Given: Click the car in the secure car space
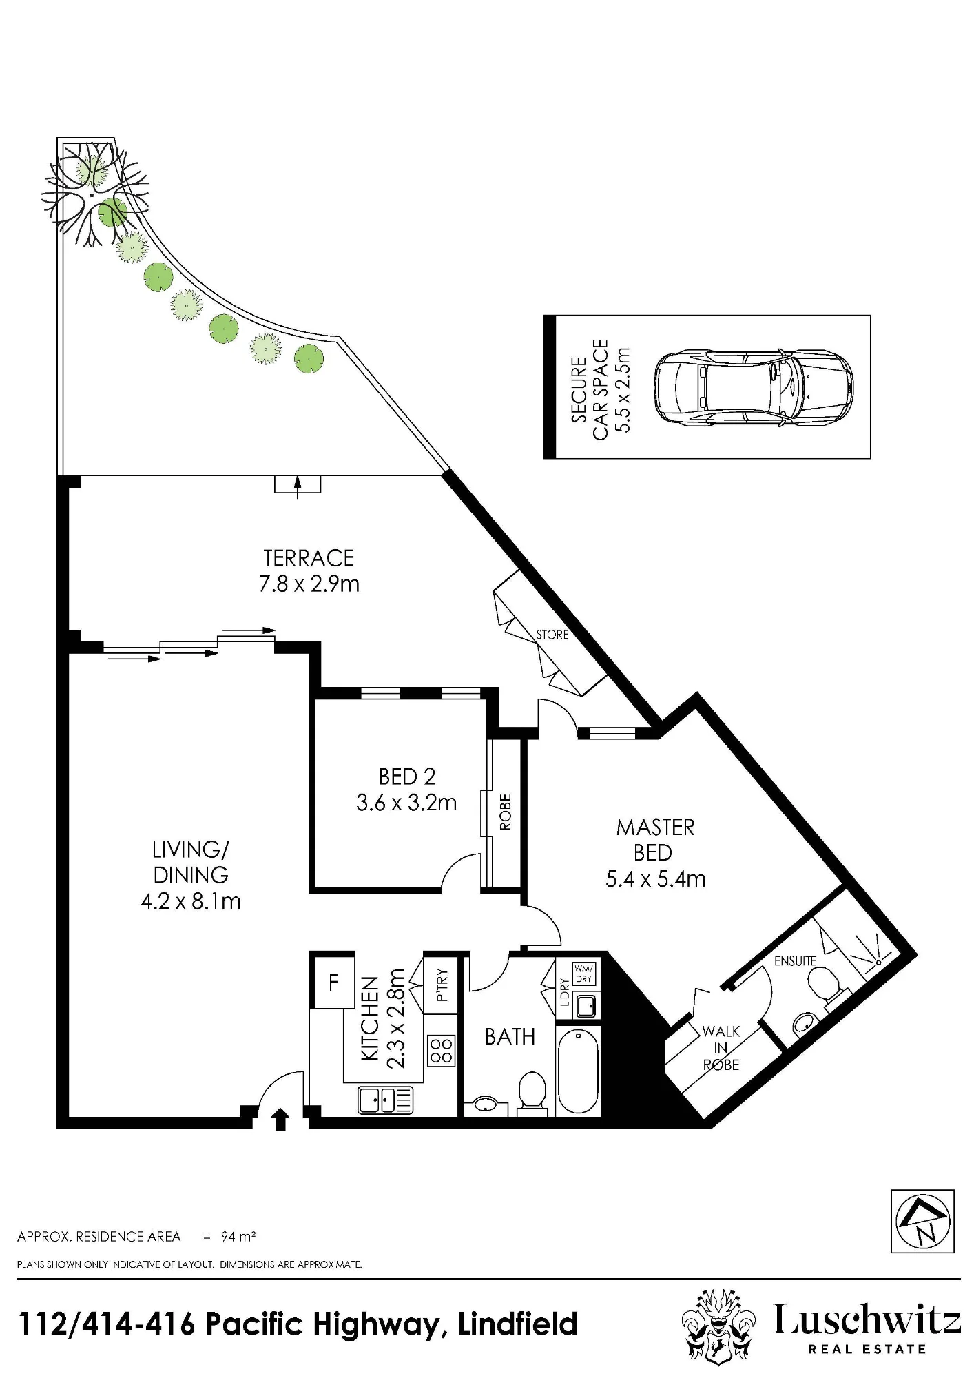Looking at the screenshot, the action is (x=753, y=387).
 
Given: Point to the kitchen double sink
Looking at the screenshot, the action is (x=385, y=1100).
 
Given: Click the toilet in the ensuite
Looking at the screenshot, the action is (x=825, y=985).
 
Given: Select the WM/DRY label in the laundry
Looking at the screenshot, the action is (x=583, y=974).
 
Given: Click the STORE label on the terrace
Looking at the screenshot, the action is (x=552, y=635).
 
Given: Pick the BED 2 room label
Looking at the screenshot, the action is (x=407, y=777).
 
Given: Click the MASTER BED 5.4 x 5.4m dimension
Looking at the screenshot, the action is (x=656, y=879).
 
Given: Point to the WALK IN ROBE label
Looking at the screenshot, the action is (x=721, y=1048).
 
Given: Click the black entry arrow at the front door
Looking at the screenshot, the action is (x=280, y=1120).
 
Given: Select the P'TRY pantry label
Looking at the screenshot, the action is (x=442, y=985).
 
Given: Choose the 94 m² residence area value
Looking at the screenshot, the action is (x=238, y=1237).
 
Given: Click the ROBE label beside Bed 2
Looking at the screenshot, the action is (x=505, y=812).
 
